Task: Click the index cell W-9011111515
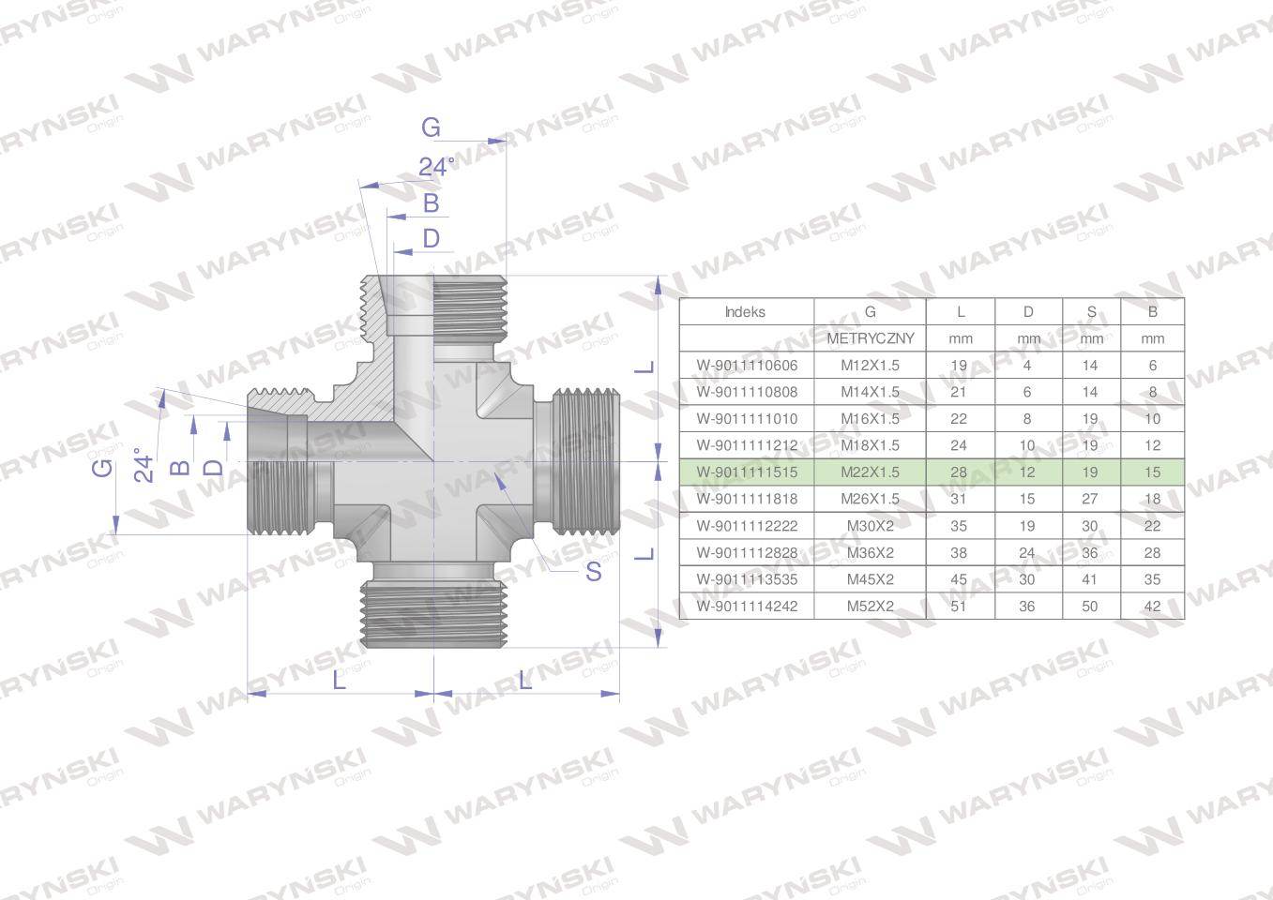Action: tap(746, 472)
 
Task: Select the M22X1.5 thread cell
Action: tap(870, 472)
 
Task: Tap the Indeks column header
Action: tap(745, 312)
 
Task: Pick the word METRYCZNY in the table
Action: tap(870, 338)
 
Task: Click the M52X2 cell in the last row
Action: tap(870, 607)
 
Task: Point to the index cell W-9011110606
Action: tap(746, 366)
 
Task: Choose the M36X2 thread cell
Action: tap(870, 553)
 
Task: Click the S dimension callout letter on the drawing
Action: tap(593, 571)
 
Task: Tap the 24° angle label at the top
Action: tap(436, 167)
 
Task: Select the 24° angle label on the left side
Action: tap(144, 465)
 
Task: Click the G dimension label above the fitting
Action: tap(431, 127)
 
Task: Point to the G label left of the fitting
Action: tap(102, 466)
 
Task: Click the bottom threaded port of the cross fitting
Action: tap(432, 614)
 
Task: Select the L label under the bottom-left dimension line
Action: tap(339, 680)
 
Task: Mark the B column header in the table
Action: tap(1152, 312)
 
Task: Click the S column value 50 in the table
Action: tap(1090, 607)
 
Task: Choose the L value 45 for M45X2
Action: tap(959, 579)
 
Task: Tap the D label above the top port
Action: tap(431, 238)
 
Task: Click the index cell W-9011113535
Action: tap(746, 579)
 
